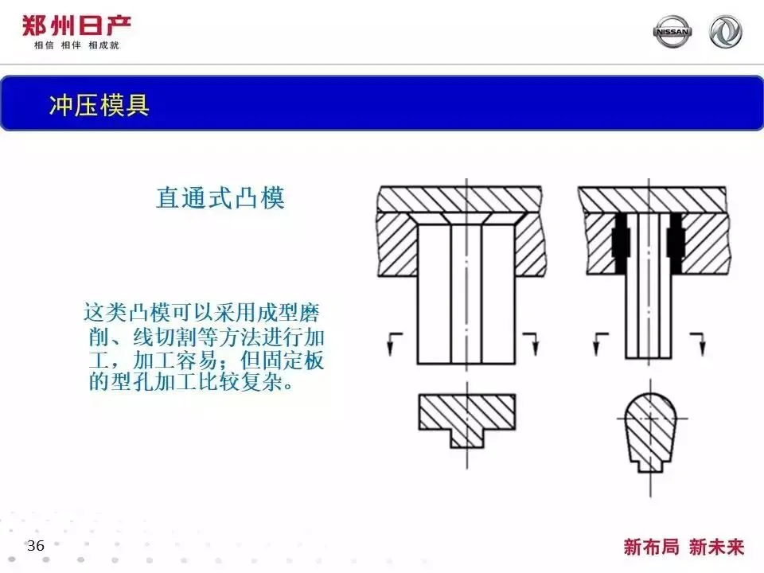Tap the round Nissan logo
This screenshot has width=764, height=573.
coord(672,32)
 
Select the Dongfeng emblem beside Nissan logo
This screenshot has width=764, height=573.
coord(725,32)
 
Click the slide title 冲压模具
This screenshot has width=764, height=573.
coord(99,105)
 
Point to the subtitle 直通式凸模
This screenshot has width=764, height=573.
coord(220,197)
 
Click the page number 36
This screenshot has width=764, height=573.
coord(36,546)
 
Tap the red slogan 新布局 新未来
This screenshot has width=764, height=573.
coord(684,547)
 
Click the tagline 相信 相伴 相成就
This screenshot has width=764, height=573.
coord(76,45)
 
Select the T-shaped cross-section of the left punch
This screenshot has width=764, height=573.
coord(466,419)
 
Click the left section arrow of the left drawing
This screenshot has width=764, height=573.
coord(393,341)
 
